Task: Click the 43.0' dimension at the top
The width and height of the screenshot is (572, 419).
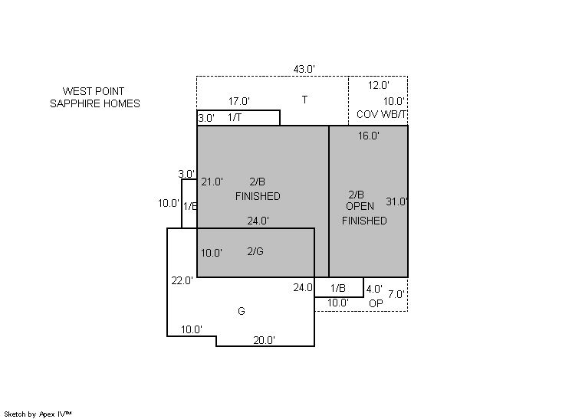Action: [304, 69]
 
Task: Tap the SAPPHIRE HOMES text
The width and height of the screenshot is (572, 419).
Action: [95, 103]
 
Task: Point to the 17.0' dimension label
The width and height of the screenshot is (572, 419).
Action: [239, 101]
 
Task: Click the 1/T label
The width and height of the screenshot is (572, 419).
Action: [235, 117]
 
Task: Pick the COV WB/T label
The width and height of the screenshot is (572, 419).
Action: [382, 115]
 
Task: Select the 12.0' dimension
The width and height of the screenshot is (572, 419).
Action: [379, 86]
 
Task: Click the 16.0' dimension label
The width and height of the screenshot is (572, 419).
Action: [369, 136]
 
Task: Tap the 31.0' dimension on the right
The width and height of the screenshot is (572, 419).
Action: [397, 202]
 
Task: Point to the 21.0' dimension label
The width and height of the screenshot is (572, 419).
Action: [212, 182]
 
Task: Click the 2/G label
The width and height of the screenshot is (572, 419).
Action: [255, 251]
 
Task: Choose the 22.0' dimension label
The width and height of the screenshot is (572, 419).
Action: [182, 280]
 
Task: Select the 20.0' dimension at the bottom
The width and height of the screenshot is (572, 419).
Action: [265, 340]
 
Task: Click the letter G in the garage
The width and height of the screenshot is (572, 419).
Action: [242, 311]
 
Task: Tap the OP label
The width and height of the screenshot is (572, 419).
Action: [376, 303]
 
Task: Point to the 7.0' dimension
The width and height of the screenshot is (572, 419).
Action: [396, 293]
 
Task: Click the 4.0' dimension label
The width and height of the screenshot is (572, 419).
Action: [374, 289]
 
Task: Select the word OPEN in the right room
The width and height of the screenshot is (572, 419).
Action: [360, 207]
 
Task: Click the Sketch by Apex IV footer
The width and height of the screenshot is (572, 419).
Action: [38, 414]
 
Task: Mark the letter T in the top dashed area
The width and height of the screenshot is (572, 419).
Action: [304, 100]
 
